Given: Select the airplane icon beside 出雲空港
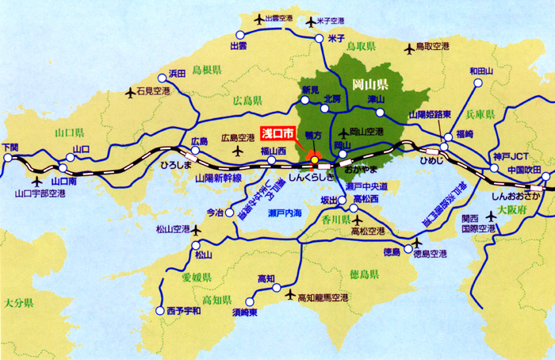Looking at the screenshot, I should tap(258, 18).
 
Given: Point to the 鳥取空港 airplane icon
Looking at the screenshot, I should tap(409, 49).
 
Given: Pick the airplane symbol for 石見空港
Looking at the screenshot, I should tap(132, 92).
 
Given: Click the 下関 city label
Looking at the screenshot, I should tap(10, 147).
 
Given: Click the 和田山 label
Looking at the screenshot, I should tap(480, 71).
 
